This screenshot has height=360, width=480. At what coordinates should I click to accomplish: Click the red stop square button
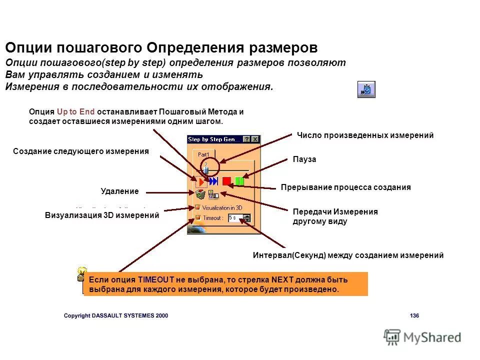(226, 181)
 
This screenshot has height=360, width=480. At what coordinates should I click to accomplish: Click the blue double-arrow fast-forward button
(213, 181)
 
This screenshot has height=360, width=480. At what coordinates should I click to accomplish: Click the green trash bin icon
(200, 194)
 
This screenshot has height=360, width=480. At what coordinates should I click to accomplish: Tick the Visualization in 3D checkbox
(197, 207)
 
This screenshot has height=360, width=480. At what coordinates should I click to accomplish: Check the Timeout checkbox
(197, 217)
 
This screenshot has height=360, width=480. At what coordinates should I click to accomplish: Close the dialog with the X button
(255, 139)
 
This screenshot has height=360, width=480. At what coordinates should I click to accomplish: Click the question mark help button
(247, 139)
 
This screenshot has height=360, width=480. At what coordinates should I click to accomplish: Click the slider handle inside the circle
(205, 169)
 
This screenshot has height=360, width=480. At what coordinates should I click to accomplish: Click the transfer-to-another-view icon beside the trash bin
(213, 194)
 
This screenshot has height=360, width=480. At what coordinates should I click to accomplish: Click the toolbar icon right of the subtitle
(366, 89)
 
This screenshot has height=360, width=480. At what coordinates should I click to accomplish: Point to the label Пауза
(304, 159)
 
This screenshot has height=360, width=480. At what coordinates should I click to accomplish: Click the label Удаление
(119, 190)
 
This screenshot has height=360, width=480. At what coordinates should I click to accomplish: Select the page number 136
(414, 315)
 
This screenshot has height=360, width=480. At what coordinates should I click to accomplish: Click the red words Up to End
(75, 112)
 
